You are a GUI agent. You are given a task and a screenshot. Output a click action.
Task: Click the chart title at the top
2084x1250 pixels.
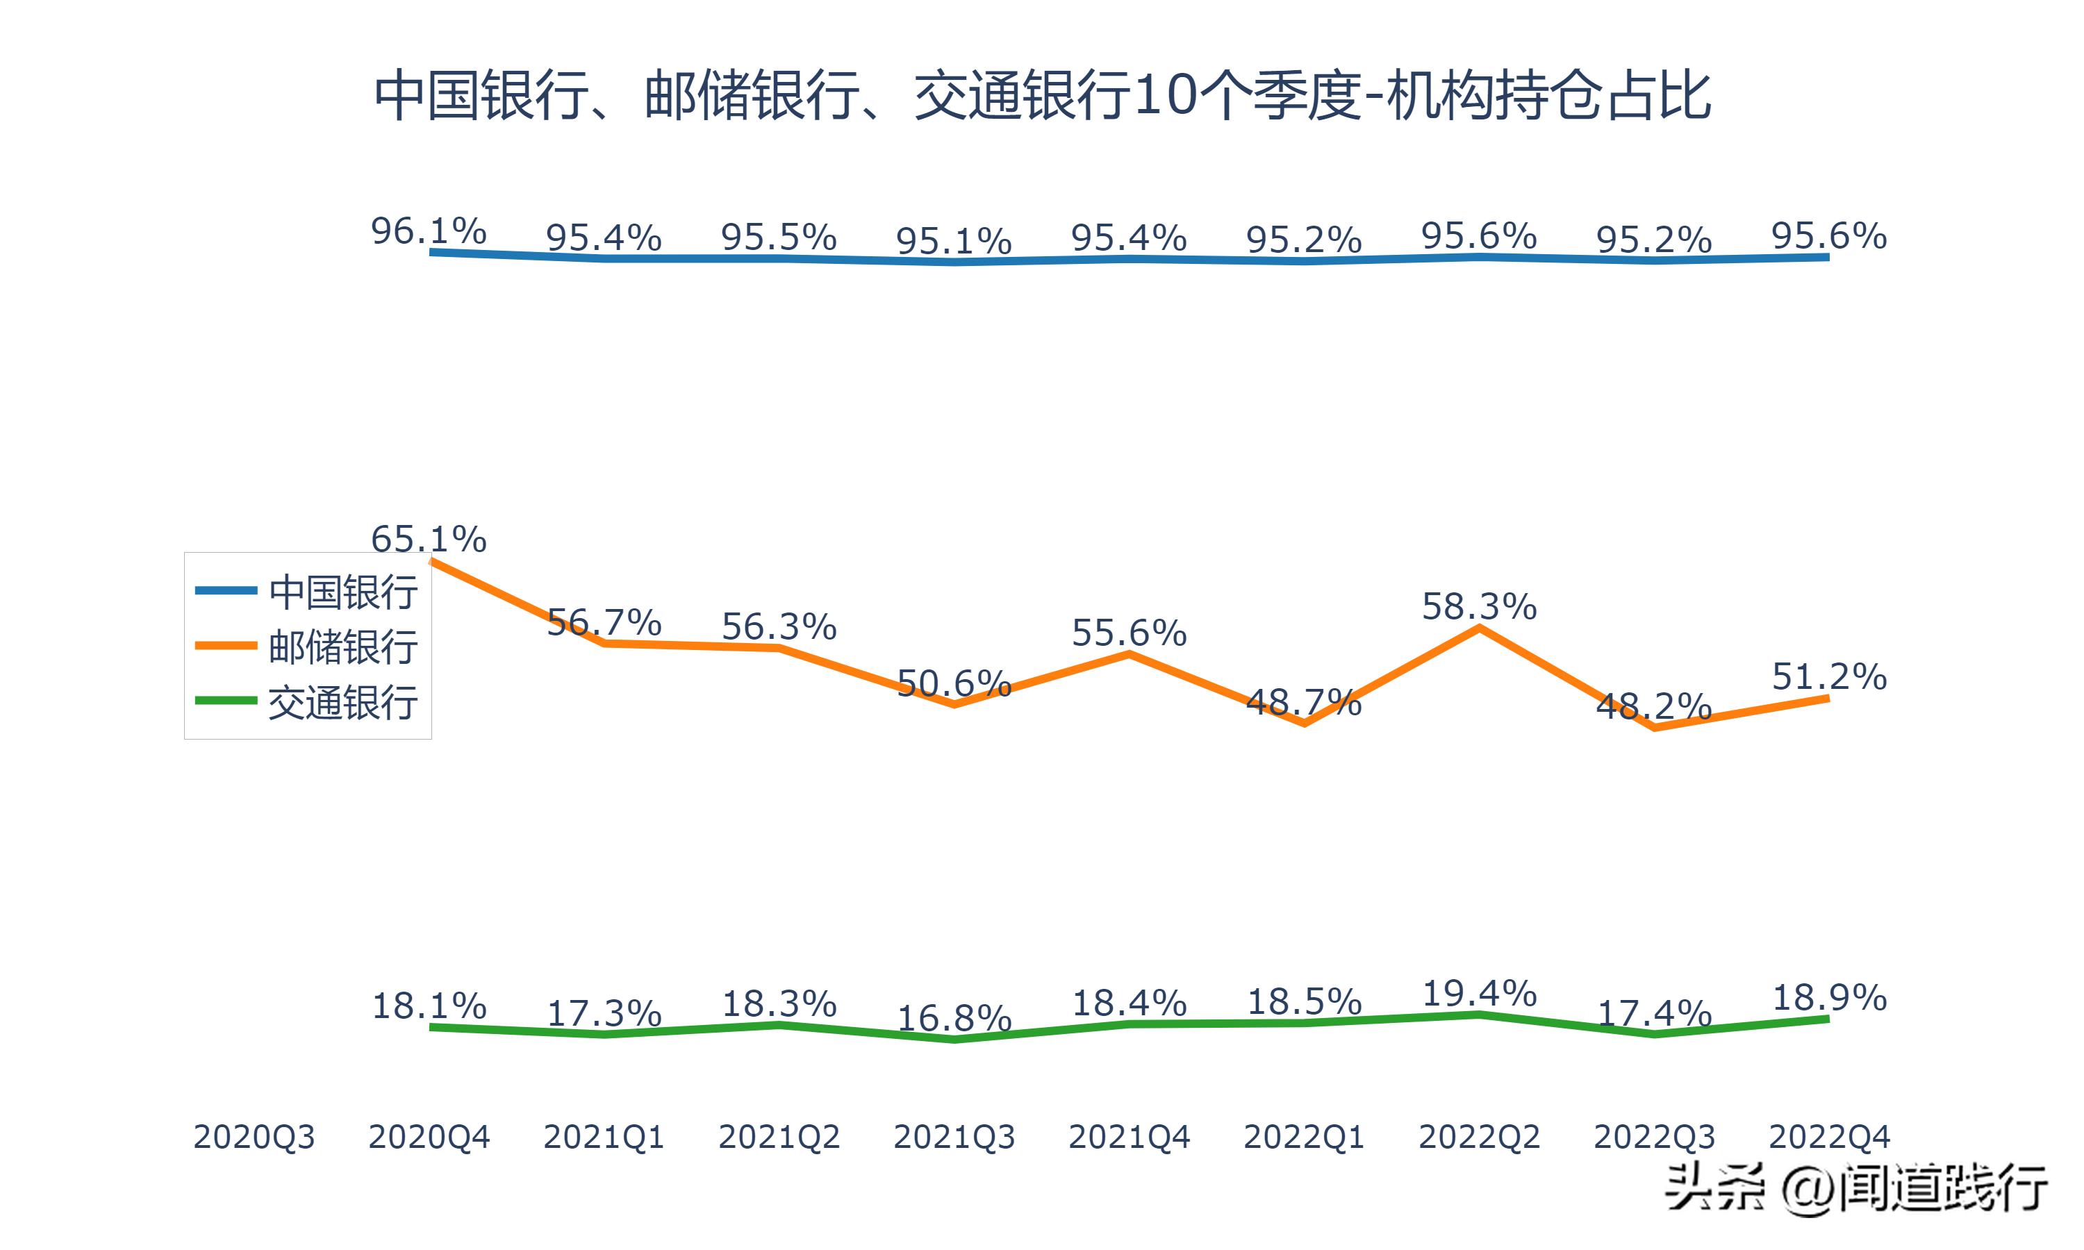[x=1042, y=96]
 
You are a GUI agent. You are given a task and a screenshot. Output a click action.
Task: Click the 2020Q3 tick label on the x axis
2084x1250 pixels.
[x=254, y=1137]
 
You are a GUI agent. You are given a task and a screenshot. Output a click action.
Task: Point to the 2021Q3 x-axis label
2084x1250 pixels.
[x=954, y=1137]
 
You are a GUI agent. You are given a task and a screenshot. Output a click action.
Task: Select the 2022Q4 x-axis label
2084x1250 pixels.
[x=1829, y=1137]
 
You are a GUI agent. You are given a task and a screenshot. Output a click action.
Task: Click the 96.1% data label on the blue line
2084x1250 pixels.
[x=429, y=231]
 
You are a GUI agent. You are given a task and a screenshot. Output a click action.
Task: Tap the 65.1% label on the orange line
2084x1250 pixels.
[x=429, y=539]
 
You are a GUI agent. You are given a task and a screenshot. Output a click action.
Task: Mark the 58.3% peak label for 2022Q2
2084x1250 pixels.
[x=1479, y=606]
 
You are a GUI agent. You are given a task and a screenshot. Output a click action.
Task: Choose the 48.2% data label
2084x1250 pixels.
[x=1653, y=706]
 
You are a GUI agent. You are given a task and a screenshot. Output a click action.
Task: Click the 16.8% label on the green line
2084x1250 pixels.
[x=954, y=1018]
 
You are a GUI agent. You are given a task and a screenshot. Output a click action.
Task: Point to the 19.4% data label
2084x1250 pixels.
[x=1479, y=994]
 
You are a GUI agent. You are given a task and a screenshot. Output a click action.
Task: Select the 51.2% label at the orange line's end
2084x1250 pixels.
[x=1829, y=676]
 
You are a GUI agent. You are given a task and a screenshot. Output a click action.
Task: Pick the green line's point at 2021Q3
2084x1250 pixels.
[x=954, y=1040]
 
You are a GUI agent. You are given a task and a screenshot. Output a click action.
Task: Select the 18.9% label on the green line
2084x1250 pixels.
[x=1829, y=998]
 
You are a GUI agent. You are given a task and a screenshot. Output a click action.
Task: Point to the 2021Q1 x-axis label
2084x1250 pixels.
[x=604, y=1137]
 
